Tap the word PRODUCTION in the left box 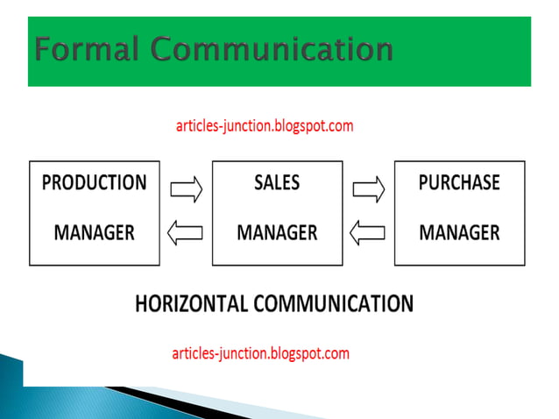pos(95,183)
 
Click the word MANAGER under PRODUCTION pos(95,233)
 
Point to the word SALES pos(277,183)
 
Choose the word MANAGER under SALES pos(277,233)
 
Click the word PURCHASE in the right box pos(459,183)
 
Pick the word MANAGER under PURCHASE pos(459,233)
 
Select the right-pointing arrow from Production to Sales pos(186,188)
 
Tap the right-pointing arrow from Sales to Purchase pos(369,188)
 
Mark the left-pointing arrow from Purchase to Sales pos(367,232)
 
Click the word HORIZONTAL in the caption pos(192,304)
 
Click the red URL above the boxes pos(265,125)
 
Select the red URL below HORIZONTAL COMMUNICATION pos(261,354)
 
